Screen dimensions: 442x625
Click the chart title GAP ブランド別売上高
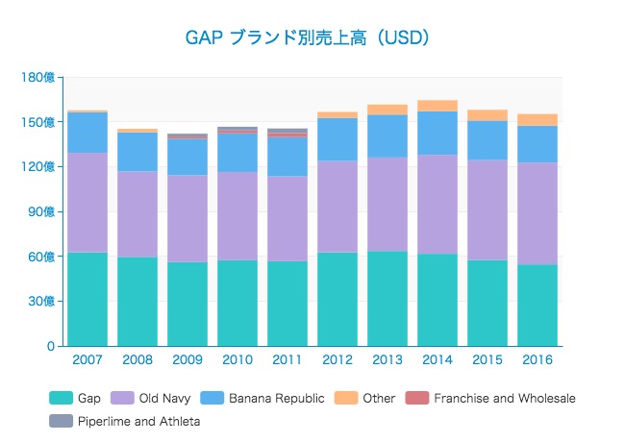307,37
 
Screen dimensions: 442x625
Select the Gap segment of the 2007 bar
87,299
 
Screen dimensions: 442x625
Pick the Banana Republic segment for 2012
337,139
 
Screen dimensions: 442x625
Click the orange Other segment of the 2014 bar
437,106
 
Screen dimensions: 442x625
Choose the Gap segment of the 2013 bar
387,298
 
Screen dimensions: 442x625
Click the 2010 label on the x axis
237,359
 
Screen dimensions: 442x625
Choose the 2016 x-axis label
537,359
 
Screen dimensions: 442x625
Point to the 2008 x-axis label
137,359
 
